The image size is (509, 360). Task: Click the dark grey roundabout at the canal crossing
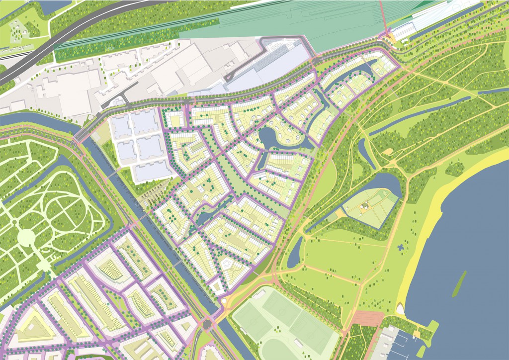click(206, 325)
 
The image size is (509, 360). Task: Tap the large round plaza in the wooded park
click(25, 238)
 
